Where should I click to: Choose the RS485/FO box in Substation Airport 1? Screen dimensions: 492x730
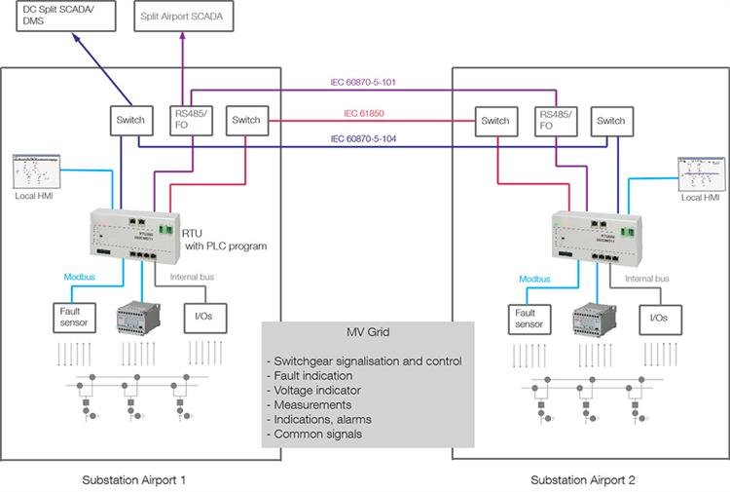pos(185,119)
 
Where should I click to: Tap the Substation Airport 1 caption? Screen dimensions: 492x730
pos(134,480)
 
